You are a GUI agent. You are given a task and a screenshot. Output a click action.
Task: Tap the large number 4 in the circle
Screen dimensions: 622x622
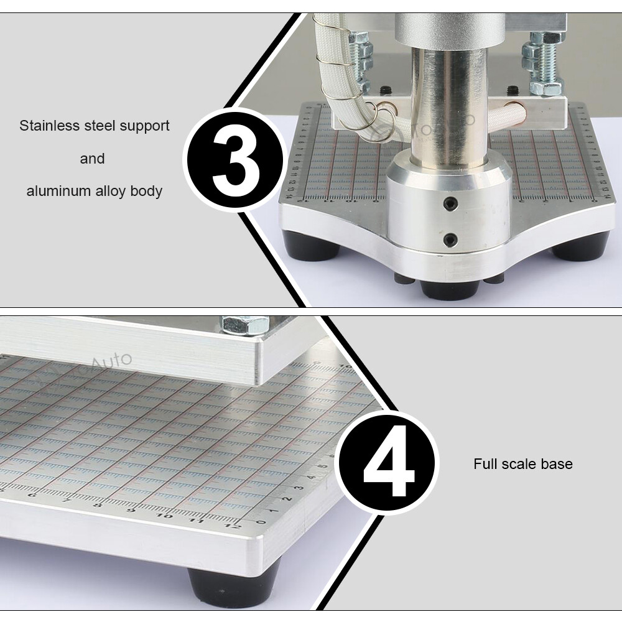point(389,463)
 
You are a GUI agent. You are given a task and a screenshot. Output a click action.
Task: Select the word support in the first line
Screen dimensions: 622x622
point(144,126)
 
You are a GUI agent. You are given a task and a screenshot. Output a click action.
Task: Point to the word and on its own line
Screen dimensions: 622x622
point(92,159)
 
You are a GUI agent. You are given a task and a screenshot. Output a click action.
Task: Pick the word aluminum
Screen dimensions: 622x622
point(56,191)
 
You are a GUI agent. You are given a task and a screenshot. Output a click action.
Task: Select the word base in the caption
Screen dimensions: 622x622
point(558,463)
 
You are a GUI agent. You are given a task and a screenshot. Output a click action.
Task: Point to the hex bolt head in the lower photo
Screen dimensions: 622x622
point(244,325)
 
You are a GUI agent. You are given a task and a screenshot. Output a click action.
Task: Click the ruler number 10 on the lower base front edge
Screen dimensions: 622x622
point(164,515)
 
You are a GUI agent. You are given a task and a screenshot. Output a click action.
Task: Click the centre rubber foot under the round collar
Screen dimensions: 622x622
point(449,290)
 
